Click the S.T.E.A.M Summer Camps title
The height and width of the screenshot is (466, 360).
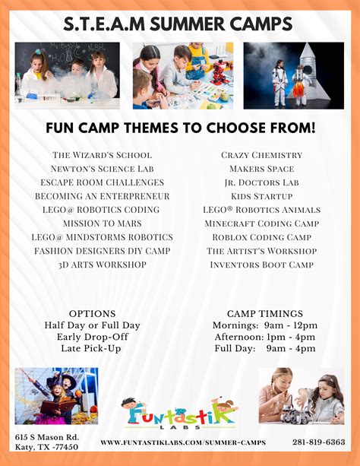[179, 24]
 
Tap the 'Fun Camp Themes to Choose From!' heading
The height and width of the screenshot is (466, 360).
[180, 127]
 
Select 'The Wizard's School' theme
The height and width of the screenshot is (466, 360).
[102, 155]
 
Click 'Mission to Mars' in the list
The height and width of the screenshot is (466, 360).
[102, 223]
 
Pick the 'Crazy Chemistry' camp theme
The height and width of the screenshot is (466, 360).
[261, 155]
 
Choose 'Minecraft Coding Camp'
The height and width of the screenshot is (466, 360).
[261, 223]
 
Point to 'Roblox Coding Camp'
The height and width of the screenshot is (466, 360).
[261, 237]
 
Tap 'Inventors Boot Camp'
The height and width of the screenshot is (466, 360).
[261, 265]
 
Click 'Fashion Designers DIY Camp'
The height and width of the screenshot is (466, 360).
[102, 251]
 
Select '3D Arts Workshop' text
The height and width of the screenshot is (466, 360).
[102, 265]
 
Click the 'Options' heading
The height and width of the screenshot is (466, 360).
[92, 313]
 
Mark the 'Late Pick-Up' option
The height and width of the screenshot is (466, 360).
[92, 348]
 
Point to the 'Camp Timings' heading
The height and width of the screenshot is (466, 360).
[265, 313]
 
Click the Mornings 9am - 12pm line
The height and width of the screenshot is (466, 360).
[265, 325]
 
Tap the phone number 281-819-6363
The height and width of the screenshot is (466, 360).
[318, 442]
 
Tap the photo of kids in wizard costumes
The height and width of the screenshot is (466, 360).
[56, 395]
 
